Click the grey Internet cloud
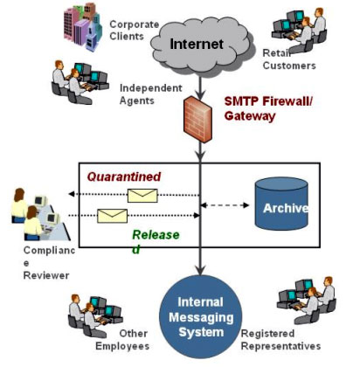(x=201, y=46)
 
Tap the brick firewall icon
(x=197, y=119)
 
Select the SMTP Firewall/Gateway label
(x=268, y=108)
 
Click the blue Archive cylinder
(x=281, y=204)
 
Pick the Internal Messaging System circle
(x=201, y=317)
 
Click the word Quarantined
(x=124, y=177)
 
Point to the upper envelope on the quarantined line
(x=142, y=196)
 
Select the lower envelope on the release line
(x=112, y=216)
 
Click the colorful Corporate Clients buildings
(x=83, y=27)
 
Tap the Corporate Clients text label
(x=134, y=31)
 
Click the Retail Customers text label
(x=289, y=59)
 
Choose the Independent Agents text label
(x=151, y=94)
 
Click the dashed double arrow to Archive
(x=225, y=205)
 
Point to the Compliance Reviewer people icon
(x=39, y=214)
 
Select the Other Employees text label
(x=122, y=340)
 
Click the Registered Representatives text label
(x=280, y=340)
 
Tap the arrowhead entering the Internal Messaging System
(x=200, y=270)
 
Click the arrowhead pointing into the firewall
(x=200, y=94)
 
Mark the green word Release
(x=156, y=235)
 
